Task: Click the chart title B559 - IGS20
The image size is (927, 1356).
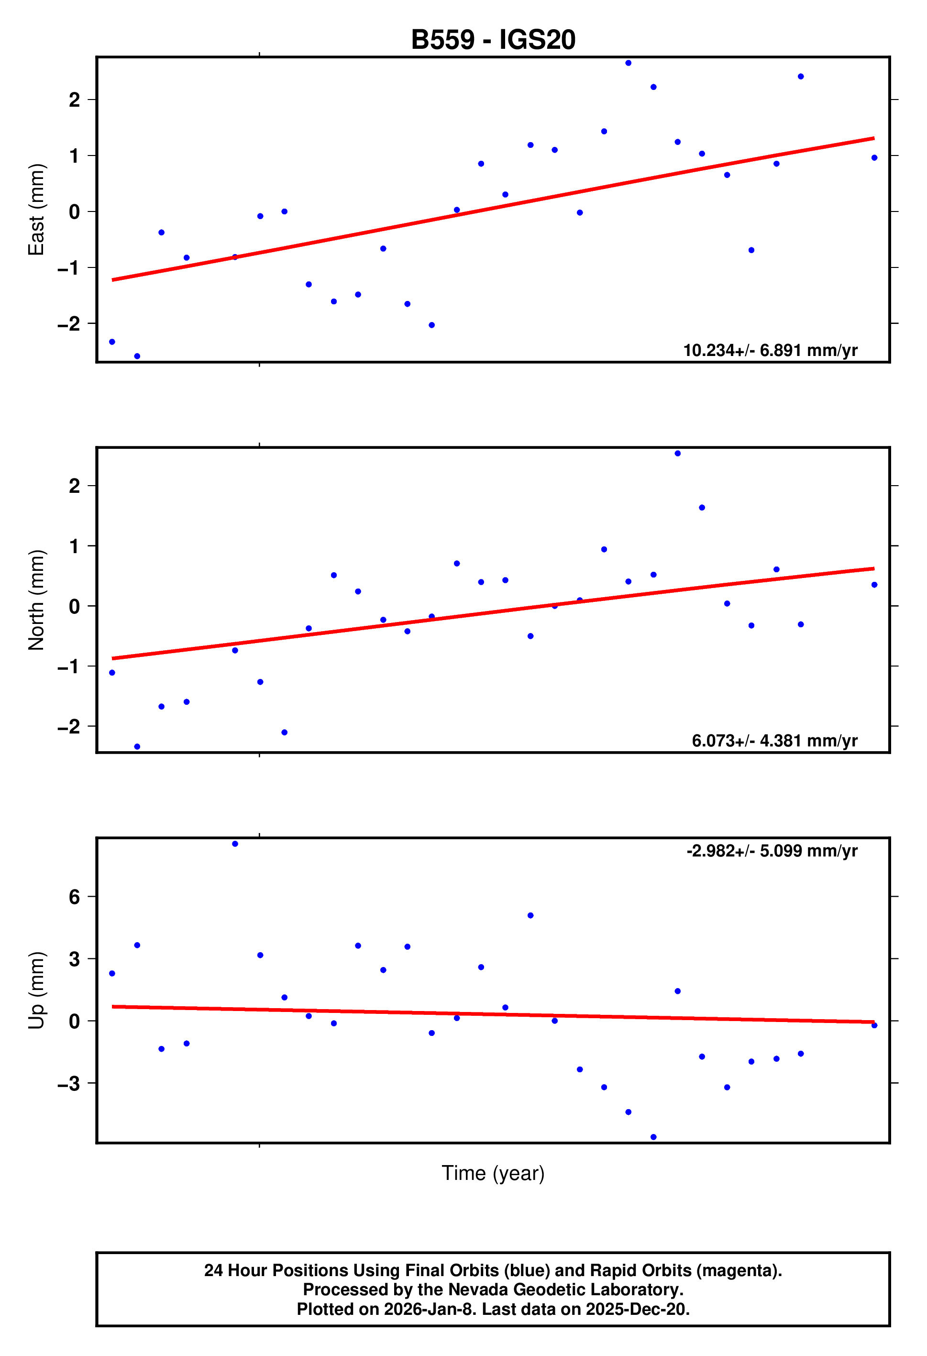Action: coord(493,40)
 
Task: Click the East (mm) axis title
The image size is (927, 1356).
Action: coord(36,210)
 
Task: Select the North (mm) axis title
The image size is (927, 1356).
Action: coord(36,600)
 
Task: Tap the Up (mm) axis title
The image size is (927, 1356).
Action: coord(36,991)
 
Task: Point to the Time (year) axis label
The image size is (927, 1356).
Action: coord(493,1173)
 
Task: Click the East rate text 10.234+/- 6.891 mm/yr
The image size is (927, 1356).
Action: coord(770,350)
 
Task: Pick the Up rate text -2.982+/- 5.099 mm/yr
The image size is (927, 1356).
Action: coord(772,851)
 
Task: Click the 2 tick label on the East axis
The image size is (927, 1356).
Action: coord(74,100)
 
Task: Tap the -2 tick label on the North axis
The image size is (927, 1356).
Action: coord(69,726)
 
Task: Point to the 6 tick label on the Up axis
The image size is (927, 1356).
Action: coord(74,897)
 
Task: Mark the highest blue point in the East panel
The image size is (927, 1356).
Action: coord(629,63)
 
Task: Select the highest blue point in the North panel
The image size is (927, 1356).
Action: coord(677,454)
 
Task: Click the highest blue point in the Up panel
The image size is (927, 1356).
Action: coord(235,844)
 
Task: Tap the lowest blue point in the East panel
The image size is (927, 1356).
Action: coord(137,356)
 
